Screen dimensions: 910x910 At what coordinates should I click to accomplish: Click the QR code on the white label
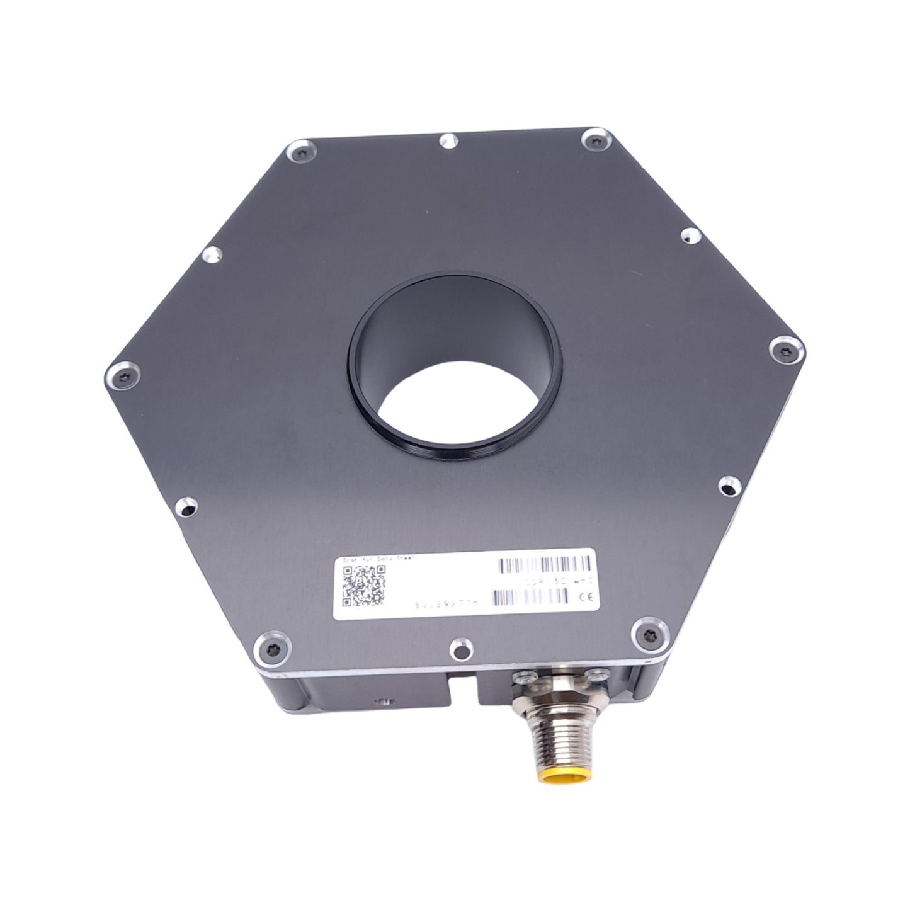pos(363,585)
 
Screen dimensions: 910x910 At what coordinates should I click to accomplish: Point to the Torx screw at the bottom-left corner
pos(271,648)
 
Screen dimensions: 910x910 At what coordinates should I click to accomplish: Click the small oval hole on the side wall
pos(380,702)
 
